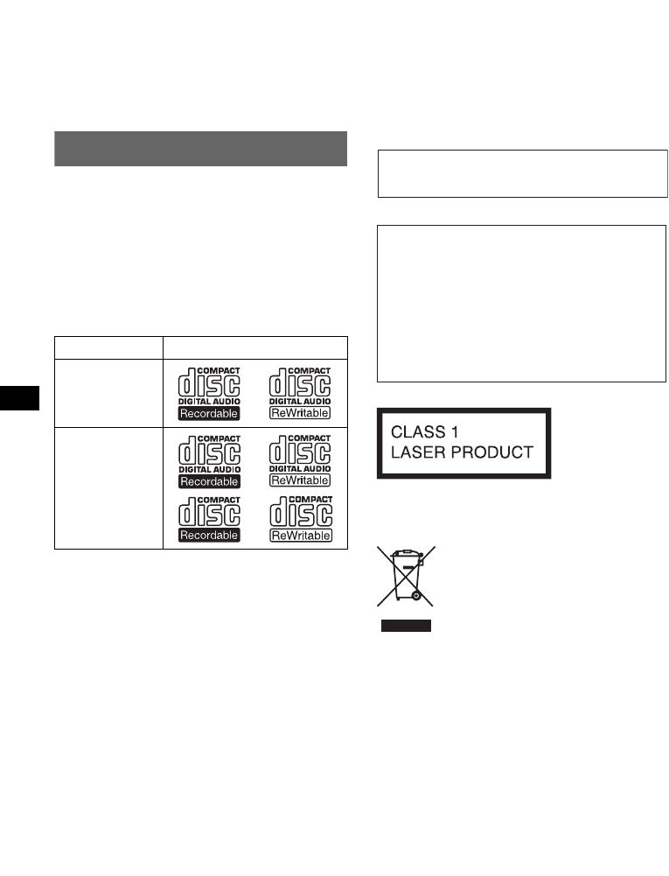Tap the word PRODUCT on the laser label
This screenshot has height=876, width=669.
tap(498, 452)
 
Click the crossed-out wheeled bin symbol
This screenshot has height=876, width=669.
tap(406, 577)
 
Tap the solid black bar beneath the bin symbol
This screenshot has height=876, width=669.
tap(406, 626)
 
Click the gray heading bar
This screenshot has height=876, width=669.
tap(201, 148)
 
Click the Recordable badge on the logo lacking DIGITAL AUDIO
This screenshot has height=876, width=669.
tap(209, 535)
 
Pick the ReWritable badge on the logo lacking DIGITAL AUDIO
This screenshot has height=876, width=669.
tap(300, 535)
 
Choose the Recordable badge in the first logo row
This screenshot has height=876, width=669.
tap(209, 410)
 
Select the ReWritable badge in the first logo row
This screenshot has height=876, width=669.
tap(300, 410)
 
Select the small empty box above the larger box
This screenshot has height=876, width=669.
tap(522, 173)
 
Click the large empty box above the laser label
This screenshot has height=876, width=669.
tap(522, 303)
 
